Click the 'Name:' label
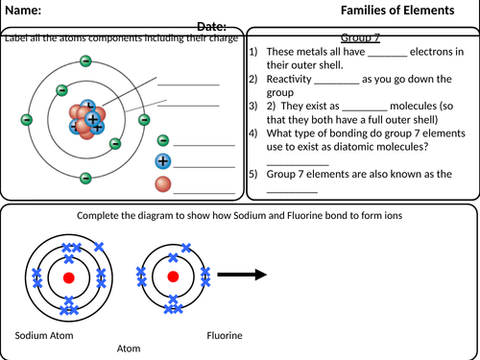point(24,12)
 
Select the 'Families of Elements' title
point(397,12)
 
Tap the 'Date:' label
point(211,27)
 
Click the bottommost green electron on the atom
point(85,178)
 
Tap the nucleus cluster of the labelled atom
point(84,119)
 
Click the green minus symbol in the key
point(162,141)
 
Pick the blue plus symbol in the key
point(162,161)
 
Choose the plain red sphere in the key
point(162,182)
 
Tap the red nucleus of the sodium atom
point(68,277)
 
